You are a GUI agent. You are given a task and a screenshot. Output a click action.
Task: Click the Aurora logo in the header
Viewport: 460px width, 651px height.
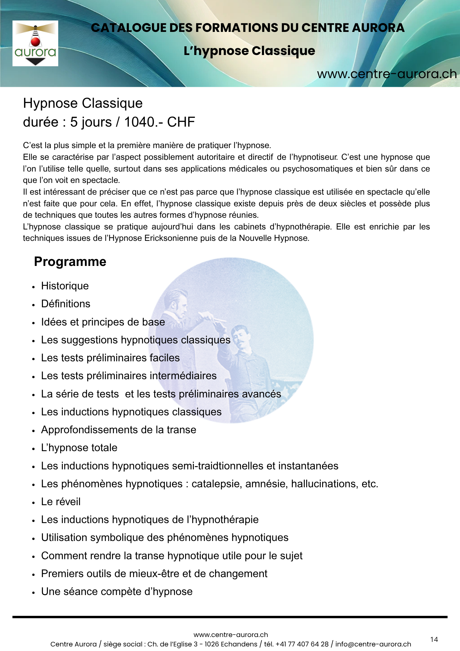pos(35,44)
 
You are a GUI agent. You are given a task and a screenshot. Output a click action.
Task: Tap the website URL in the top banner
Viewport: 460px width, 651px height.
pos(386,74)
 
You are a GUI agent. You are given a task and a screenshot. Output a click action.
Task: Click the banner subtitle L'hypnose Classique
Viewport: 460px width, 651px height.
pos(249,51)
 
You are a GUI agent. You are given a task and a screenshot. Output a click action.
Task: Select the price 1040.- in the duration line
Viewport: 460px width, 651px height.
pos(143,122)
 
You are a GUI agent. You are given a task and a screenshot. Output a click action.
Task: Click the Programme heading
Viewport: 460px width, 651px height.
pos(70,262)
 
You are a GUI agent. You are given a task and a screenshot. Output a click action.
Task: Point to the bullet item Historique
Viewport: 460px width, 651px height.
pos(65,286)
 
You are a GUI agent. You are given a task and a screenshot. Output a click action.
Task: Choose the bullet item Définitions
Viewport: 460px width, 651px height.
pos(65,304)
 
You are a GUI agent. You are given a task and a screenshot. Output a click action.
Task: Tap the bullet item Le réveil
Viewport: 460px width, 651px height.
pos(61,502)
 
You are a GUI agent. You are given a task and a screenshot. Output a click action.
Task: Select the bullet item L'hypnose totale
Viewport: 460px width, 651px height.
pos(79,448)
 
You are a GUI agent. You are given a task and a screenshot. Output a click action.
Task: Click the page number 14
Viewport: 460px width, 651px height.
pos(434,640)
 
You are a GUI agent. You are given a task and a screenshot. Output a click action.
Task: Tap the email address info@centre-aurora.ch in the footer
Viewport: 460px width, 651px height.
pos(373,644)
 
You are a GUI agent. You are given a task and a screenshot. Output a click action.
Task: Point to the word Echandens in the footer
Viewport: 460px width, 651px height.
pos(239,644)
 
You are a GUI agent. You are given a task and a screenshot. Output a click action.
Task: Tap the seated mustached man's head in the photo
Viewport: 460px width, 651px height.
pos(240,336)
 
